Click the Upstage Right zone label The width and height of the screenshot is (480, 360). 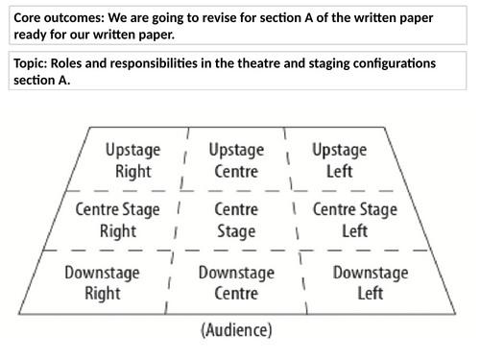pos(132,160)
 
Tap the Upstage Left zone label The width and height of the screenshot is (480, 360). pos(339,160)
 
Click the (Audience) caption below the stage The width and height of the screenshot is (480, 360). pos(236,331)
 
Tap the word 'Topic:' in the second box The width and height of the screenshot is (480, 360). pos(34,62)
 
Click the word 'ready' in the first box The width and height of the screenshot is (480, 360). pos(31,36)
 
